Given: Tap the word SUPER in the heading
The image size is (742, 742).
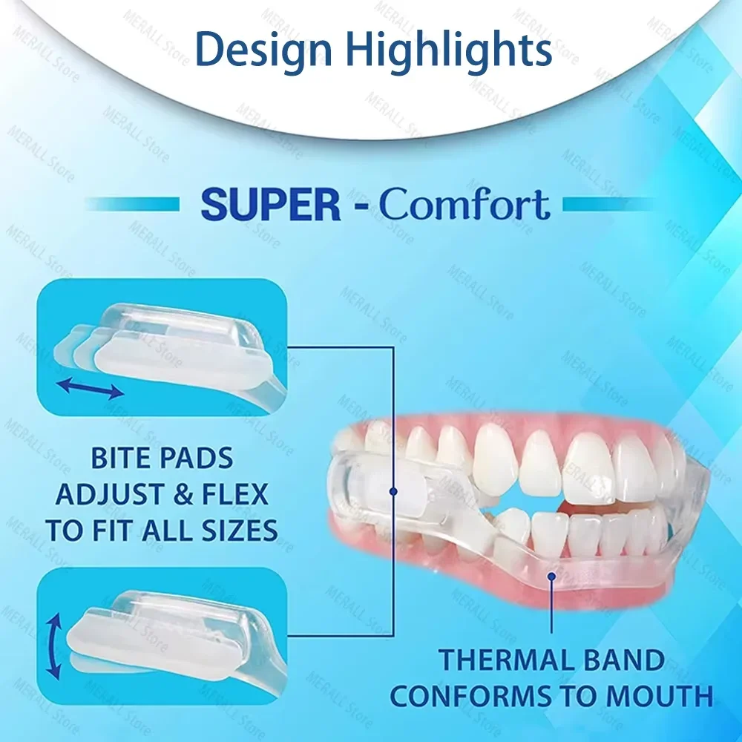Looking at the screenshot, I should (x=271, y=204).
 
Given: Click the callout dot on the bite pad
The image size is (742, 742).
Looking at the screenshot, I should (x=393, y=490).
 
